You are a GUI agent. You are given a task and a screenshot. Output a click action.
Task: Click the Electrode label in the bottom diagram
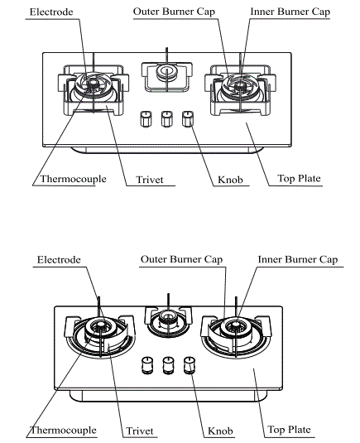[x=59, y=259]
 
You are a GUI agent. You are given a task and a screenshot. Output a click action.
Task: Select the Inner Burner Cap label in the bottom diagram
[x=297, y=259]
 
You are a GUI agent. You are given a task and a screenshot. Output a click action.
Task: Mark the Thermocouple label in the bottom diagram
[x=64, y=430]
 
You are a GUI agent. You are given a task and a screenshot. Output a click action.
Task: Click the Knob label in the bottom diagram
[x=221, y=431]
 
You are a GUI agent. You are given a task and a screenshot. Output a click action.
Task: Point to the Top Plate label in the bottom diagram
[x=289, y=430]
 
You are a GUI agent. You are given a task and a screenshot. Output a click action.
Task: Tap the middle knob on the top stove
[x=167, y=117]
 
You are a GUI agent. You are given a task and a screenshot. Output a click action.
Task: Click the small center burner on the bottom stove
[x=168, y=321]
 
